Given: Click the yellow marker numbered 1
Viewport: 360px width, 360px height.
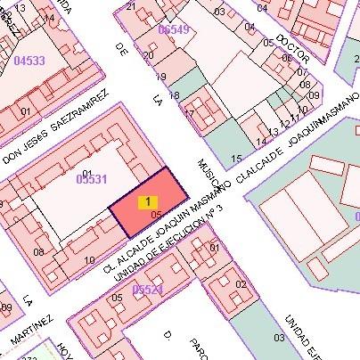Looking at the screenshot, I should pos(147,202).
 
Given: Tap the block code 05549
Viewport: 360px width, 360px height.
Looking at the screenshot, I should pos(173,29).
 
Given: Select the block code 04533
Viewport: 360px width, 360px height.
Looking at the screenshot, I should pos(29,61).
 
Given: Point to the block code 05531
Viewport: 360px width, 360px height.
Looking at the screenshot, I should pos(91,179).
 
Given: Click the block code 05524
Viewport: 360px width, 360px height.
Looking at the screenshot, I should pos(147,290).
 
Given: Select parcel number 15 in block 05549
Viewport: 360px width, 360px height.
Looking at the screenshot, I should pos(236,159).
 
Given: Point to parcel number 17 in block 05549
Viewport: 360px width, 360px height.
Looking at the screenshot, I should pos(189,113).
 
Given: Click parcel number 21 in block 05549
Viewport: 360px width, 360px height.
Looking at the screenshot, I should pos(132,6).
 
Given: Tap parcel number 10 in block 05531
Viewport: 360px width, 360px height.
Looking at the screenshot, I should pos(89,260).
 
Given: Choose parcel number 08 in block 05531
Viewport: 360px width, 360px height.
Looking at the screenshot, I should pos(38,252).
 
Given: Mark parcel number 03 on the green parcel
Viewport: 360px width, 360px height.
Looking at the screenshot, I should pos(279,338).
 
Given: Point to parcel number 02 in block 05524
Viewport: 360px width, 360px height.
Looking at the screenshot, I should pos(240,284).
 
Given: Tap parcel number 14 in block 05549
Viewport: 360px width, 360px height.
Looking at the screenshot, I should pos(261,142).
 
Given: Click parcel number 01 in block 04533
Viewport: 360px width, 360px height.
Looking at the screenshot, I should pos(26,111).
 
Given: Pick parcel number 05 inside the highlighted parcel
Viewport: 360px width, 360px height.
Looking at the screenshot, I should pos(156,215).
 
